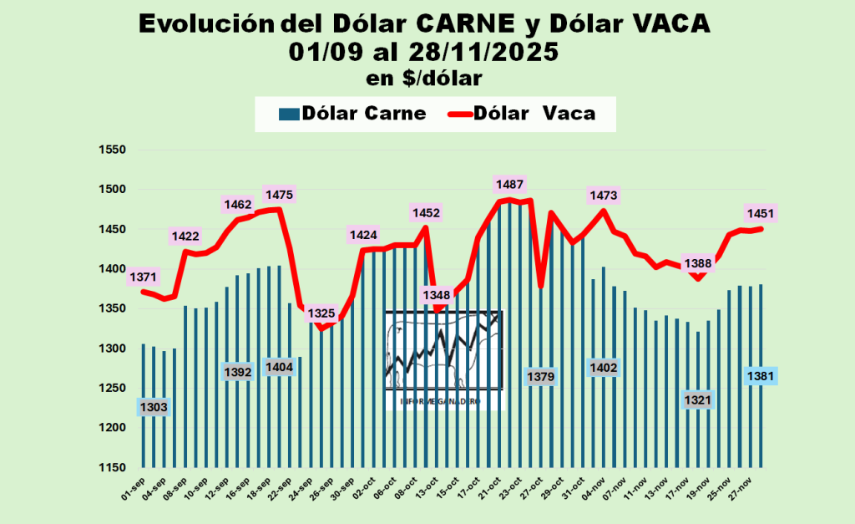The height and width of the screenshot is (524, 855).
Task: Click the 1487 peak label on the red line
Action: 509,184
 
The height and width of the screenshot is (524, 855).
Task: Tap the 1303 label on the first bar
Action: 154,407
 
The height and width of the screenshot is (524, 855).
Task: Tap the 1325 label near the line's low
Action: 321,314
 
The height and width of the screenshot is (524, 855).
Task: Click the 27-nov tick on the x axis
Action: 748,490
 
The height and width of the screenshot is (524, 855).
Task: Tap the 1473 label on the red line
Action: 604,196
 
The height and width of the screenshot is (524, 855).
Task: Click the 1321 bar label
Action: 698,400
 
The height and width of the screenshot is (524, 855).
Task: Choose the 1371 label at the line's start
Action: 143,277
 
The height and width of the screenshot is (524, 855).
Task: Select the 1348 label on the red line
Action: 437,295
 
